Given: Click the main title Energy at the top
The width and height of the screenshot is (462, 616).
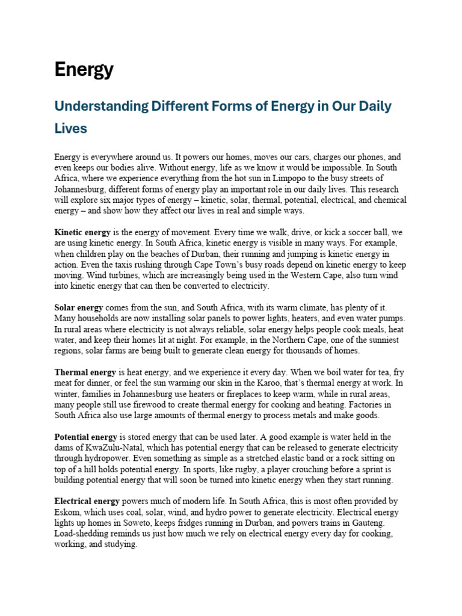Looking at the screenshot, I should pos(84,70).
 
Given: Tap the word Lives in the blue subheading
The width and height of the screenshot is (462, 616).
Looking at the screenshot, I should pos(70,128).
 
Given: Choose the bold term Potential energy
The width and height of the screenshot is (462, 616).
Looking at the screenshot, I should pos(85,437).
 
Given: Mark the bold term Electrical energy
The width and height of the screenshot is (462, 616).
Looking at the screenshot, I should pos(87,501).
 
